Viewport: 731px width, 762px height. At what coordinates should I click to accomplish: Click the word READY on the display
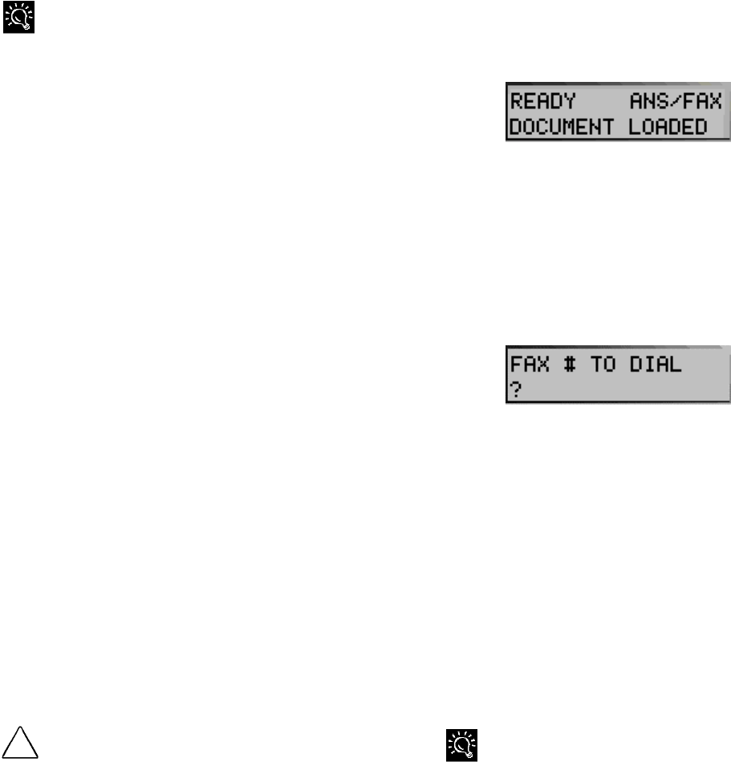543,101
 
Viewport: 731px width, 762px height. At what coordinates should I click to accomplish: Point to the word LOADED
668,126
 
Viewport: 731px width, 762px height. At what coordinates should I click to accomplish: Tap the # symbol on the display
569,364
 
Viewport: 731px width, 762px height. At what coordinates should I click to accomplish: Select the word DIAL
656,364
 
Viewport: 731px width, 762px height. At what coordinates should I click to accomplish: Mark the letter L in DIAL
676,364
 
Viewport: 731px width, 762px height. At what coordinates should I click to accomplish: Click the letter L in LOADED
635,126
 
